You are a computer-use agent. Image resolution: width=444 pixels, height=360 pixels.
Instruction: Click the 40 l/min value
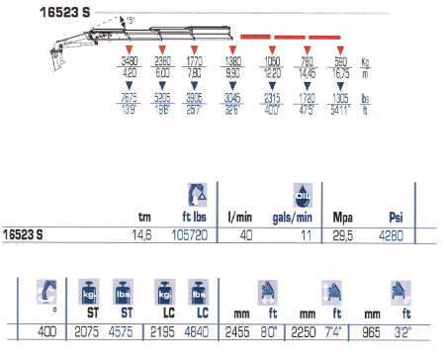(248, 234)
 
